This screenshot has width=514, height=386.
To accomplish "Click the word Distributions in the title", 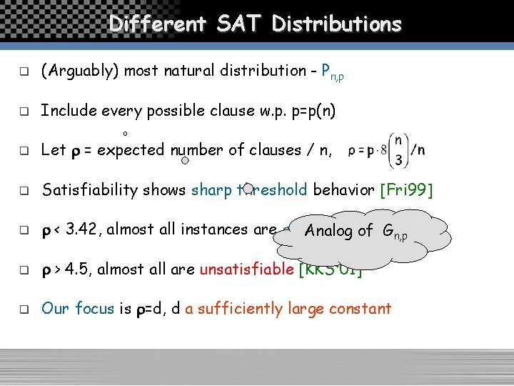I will click(x=337, y=24).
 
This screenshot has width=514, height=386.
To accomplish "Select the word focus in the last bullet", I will click(x=94, y=309).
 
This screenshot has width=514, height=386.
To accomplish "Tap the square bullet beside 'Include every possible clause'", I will click(x=23, y=112).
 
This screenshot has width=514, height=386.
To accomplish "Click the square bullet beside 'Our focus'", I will click(x=23, y=310).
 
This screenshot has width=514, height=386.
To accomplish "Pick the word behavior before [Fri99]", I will click(x=344, y=190).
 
